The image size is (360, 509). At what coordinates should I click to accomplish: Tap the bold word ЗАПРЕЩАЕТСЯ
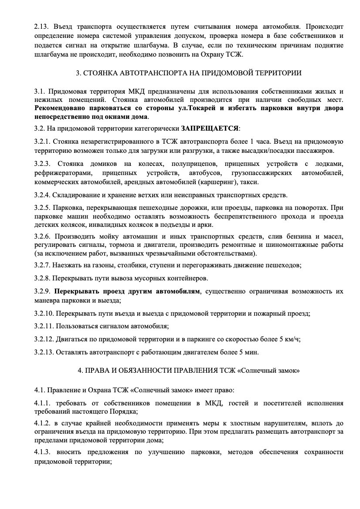point(211,128)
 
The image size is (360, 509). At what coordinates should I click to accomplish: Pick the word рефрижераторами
point(60,174)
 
